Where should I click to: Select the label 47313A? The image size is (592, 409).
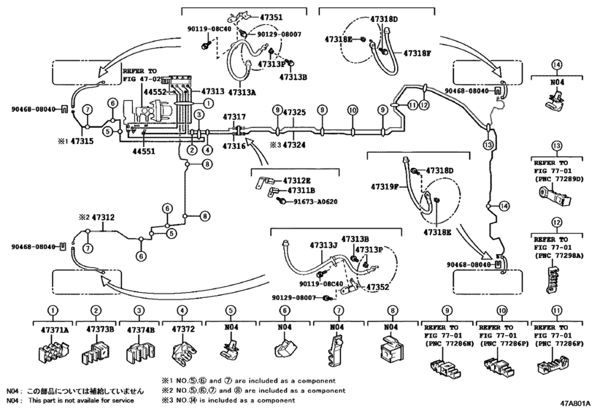pyautogui.click(x=241, y=93)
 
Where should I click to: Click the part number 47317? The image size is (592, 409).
pyautogui.click(x=234, y=116)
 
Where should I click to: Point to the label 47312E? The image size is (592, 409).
pyautogui.click(x=299, y=180)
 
